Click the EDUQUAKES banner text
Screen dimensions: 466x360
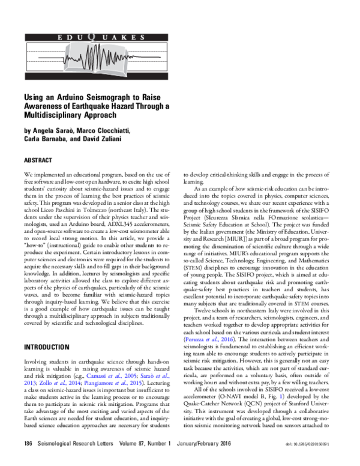coord(101,38)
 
